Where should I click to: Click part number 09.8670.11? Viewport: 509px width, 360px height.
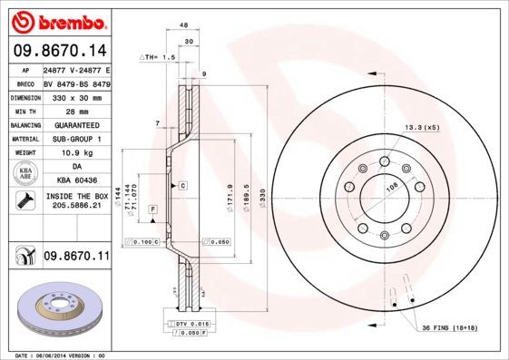pos(76,258)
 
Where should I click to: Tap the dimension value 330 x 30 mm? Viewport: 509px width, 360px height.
pos(76,95)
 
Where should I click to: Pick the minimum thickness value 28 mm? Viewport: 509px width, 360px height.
pos(76,110)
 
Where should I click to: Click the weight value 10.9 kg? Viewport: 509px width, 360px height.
pos(76,152)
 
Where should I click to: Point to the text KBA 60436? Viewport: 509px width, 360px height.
pos(76,180)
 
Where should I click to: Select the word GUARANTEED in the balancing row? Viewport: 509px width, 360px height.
pos(76,124)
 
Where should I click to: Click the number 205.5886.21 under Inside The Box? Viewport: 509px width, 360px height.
pos(76,207)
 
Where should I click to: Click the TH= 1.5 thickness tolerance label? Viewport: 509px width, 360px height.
pos(156,56)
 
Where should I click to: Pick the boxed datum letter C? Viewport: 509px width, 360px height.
pos(182,184)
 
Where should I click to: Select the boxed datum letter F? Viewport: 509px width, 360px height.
pos(152,209)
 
